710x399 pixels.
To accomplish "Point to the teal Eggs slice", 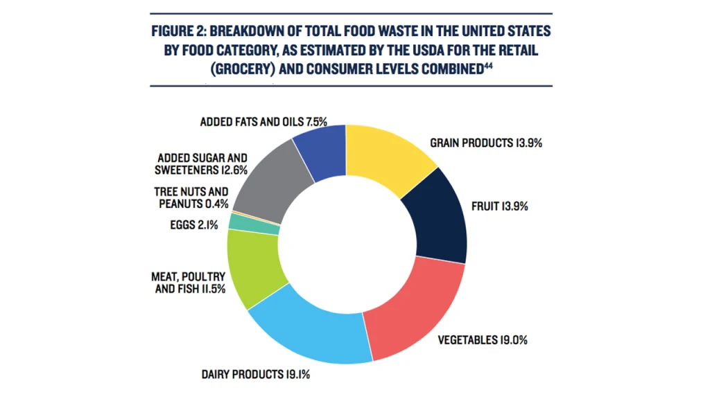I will coord(254,223).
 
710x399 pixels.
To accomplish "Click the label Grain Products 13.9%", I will coord(485,143).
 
